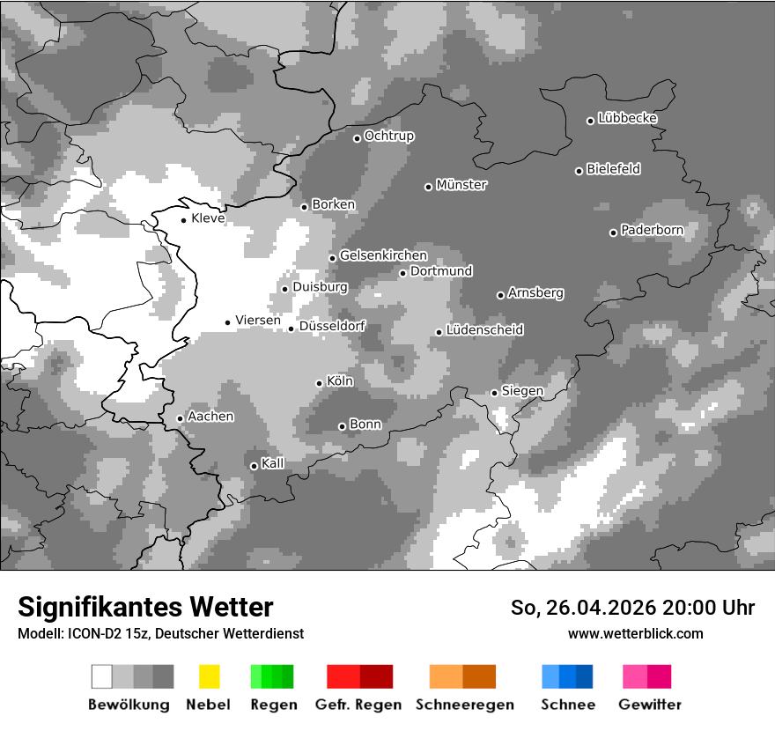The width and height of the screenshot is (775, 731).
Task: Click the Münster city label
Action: [x=461, y=185]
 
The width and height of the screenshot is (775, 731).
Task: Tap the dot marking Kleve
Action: [x=183, y=220]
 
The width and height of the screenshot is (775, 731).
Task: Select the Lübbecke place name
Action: [x=627, y=118]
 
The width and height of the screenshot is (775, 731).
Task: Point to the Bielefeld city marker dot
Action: [x=579, y=171]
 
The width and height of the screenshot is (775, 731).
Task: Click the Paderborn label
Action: [x=652, y=230]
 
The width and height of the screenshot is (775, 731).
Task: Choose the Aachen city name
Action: [x=210, y=417]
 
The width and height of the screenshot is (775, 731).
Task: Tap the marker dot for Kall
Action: [x=254, y=466]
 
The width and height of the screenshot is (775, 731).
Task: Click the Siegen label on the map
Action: [x=522, y=390]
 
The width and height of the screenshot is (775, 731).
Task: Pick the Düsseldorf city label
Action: [x=332, y=326]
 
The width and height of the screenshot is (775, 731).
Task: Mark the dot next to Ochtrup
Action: [x=357, y=138]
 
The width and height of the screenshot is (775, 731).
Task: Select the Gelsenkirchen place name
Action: [x=383, y=255]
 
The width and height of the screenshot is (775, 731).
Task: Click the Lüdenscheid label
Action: [x=484, y=330]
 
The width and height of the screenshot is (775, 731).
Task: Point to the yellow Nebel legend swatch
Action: [x=209, y=676]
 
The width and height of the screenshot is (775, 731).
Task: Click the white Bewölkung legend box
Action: [x=101, y=676]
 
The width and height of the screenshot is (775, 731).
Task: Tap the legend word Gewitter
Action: [x=649, y=705]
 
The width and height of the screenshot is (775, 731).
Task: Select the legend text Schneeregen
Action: [x=464, y=705]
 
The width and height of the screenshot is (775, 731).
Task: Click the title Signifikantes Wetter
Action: [x=145, y=608]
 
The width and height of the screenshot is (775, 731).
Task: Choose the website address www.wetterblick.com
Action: [x=635, y=633]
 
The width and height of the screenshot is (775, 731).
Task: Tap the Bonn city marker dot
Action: [x=342, y=426]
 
